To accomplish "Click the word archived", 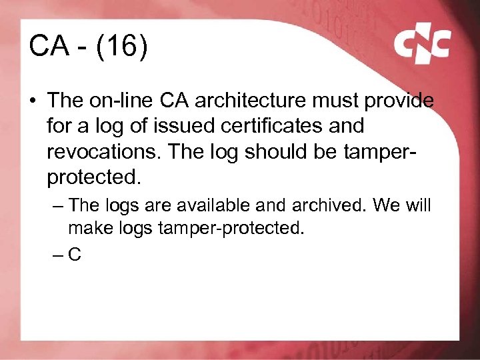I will pos(326,205).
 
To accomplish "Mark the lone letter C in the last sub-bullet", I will pos(75,253).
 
